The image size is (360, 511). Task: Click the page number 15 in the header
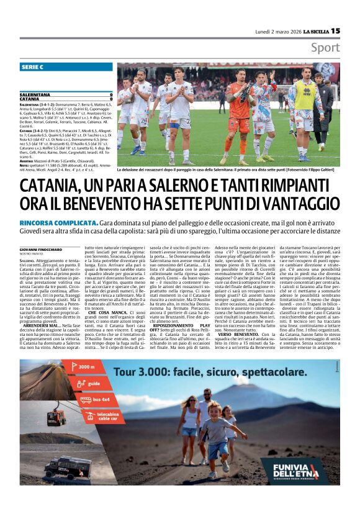[335, 30]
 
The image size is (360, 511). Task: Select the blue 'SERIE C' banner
[65, 66]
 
